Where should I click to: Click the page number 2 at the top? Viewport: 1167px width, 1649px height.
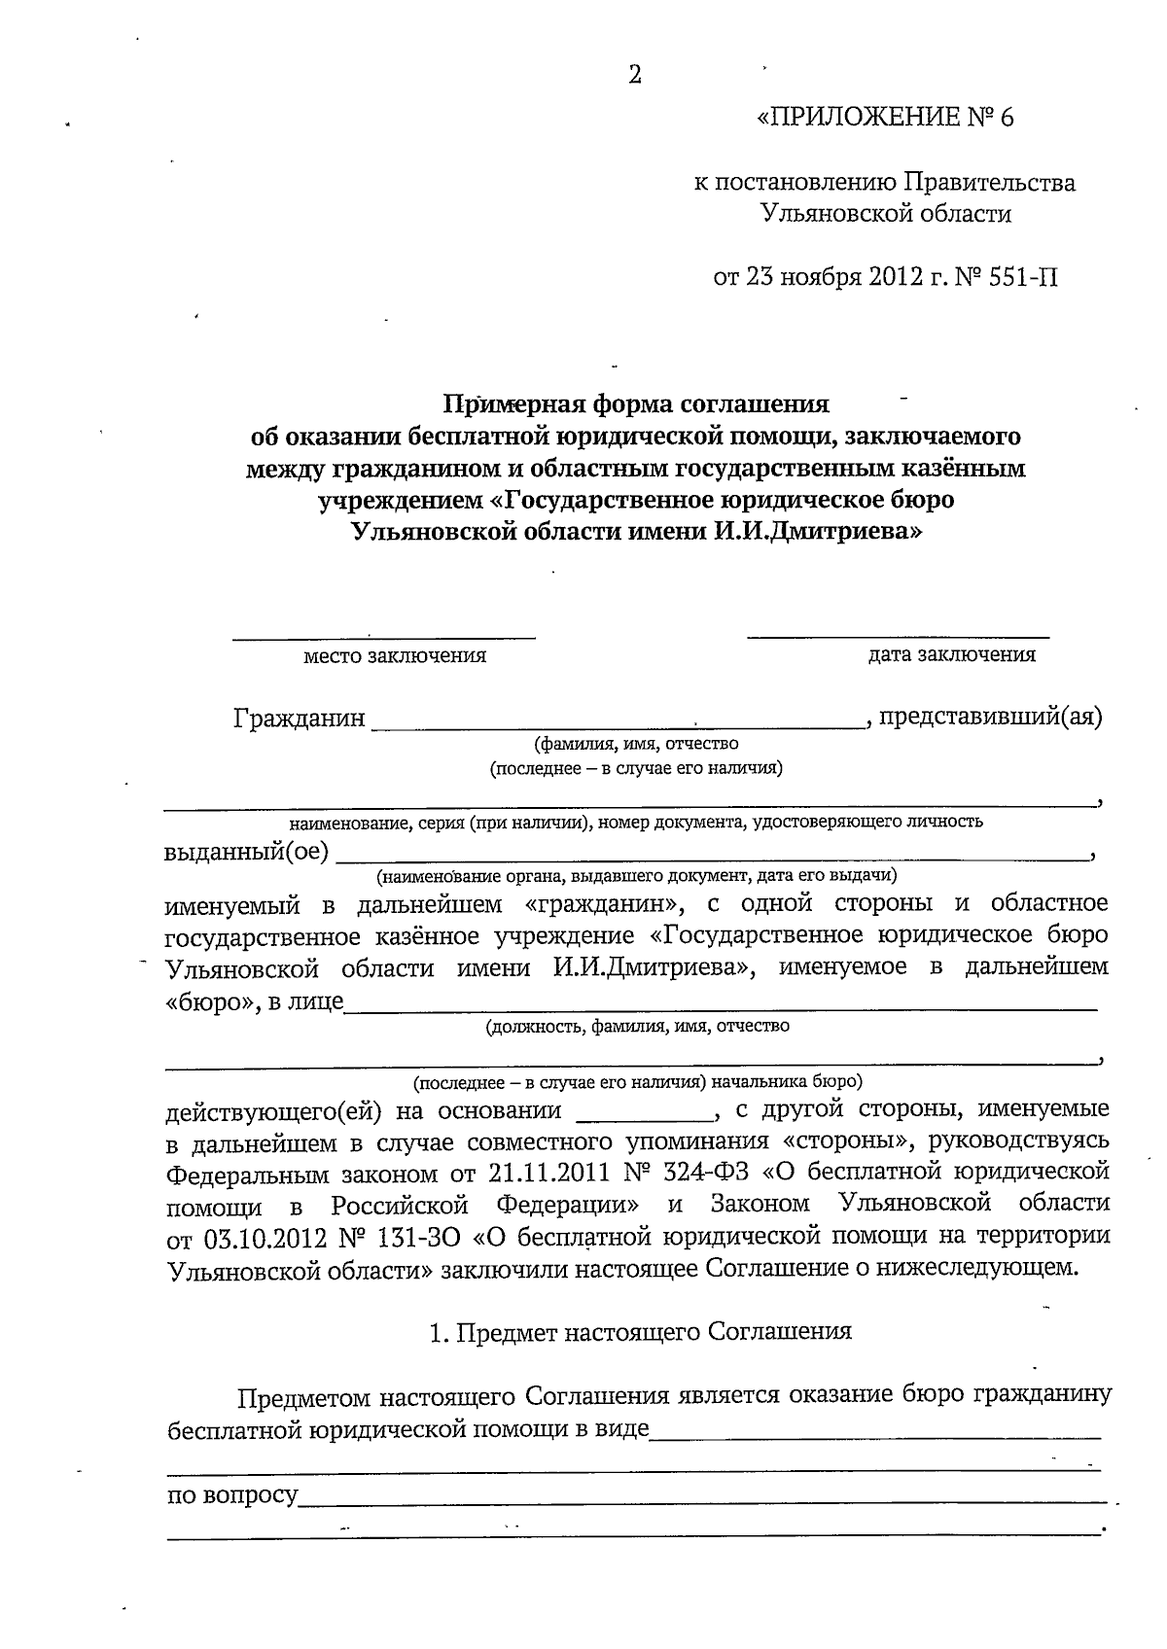coord(635,76)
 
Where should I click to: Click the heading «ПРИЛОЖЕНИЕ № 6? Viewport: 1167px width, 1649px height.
coord(885,119)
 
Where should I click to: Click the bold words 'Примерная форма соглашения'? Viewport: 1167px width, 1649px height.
coord(637,403)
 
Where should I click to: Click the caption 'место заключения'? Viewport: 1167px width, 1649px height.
coord(395,656)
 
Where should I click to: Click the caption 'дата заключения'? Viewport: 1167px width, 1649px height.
coord(951,654)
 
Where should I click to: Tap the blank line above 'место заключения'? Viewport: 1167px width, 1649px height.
coord(383,637)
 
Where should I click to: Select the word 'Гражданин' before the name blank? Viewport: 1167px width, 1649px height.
coord(300,719)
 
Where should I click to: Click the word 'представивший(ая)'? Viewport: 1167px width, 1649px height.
coord(990,718)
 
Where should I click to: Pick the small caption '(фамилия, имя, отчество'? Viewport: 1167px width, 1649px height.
coord(636,745)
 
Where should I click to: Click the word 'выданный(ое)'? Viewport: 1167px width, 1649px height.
coord(247,853)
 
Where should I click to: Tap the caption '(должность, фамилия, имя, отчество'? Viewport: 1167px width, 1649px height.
coord(637,1026)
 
